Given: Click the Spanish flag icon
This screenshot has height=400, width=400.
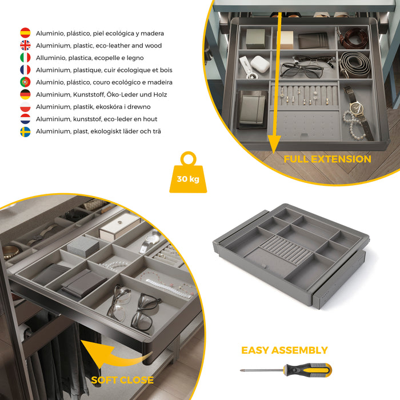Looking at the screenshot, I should click(x=25, y=33).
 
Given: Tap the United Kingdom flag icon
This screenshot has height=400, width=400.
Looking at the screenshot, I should click(x=25, y=45).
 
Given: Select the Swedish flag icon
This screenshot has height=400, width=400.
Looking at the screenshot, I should click(x=25, y=131).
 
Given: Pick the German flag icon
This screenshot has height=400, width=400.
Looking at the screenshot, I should click(x=25, y=94).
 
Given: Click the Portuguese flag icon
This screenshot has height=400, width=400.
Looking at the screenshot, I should click(x=25, y=82).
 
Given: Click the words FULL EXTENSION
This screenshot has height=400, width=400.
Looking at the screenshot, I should click(x=327, y=159).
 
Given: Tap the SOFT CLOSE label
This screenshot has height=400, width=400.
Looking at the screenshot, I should click(x=122, y=380).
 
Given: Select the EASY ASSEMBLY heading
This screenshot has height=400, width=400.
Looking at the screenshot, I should click(x=285, y=350).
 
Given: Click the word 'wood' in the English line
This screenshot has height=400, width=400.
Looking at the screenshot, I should click(x=153, y=46).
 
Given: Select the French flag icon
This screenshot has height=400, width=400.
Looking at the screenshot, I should click(x=25, y=70).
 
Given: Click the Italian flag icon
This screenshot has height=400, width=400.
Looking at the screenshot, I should click(x=25, y=58).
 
